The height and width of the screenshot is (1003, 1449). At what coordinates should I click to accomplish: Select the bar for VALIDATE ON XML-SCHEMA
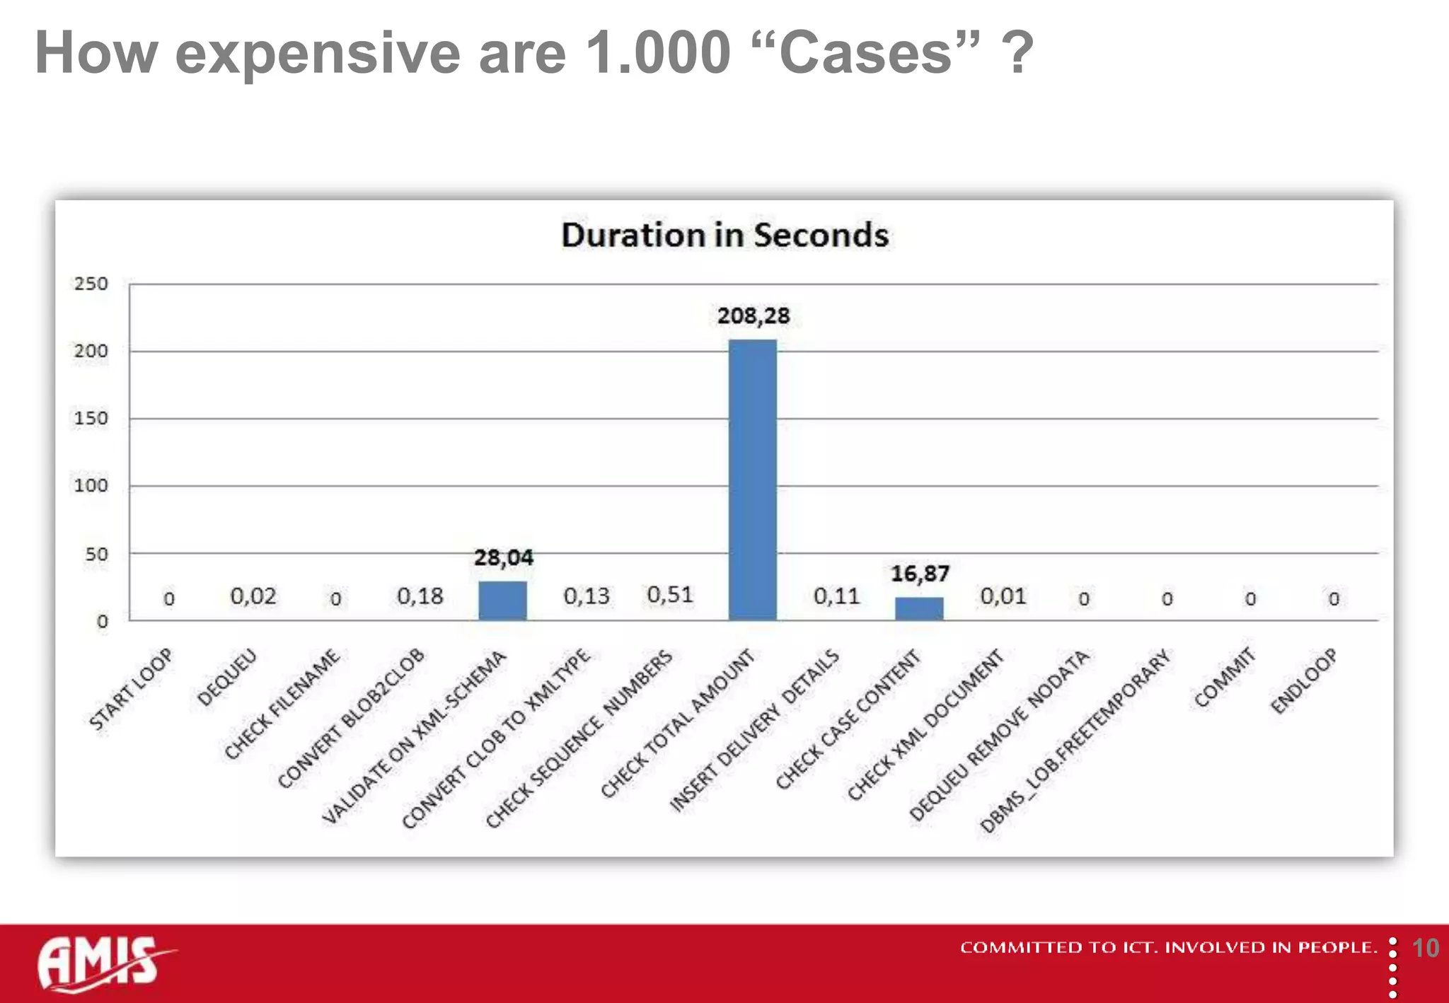(x=502, y=601)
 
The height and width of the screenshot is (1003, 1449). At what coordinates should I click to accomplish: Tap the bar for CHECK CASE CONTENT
(x=919, y=608)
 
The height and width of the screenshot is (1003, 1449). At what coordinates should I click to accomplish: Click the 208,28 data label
(x=753, y=315)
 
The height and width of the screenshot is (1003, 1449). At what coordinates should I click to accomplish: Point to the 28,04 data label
(x=503, y=557)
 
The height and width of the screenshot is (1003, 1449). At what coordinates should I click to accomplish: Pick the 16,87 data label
(x=919, y=574)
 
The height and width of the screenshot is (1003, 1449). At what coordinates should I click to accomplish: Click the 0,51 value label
(x=669, y=595)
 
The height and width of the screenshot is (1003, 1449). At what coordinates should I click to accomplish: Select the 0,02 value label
(x=253, y=596)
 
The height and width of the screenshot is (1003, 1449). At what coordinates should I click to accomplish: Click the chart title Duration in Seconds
(x=724, y=236)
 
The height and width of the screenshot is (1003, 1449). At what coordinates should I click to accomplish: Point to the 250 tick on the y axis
(x=91, y=284)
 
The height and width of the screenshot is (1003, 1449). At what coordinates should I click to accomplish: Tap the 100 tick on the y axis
(x=91, y=486)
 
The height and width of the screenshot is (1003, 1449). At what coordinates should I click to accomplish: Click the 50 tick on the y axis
(x=96, y=554)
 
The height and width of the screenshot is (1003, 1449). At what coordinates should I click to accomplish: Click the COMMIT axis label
(x=1224, y=677)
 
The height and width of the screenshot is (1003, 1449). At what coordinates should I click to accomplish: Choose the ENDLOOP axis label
(x=1303, y=680)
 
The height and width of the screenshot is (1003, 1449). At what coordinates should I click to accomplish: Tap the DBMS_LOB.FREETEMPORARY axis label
(x=1075, y=741)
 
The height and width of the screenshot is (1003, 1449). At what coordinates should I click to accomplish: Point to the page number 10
(x=1425, y=948)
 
